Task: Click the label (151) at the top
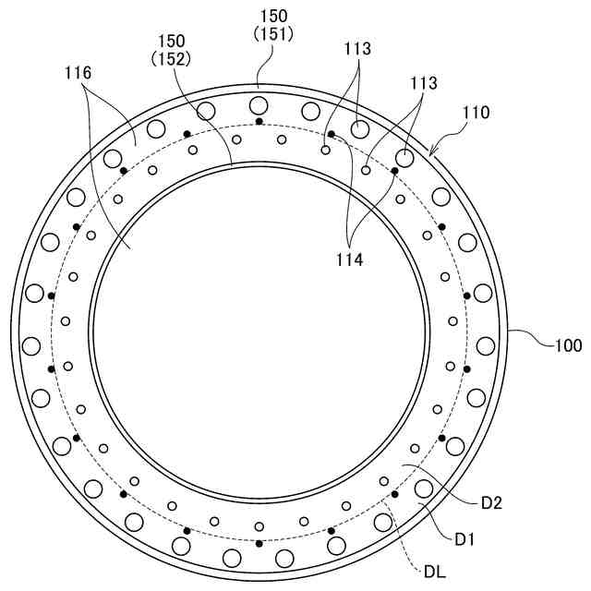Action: click(x=273, y=35)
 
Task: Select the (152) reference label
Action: click(x=171, y=59)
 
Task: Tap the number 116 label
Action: click(x=78, y=73)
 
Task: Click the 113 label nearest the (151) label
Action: click(x=357, y=48)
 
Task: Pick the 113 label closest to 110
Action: click(x=424, y=83)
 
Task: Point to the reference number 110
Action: click(x=476, y=113)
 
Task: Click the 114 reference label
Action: click(x=350, y=259)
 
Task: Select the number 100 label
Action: click(x=569, y=345)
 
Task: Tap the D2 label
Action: click(x=492, y=503)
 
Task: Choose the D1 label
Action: click(x=464, y=539)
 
